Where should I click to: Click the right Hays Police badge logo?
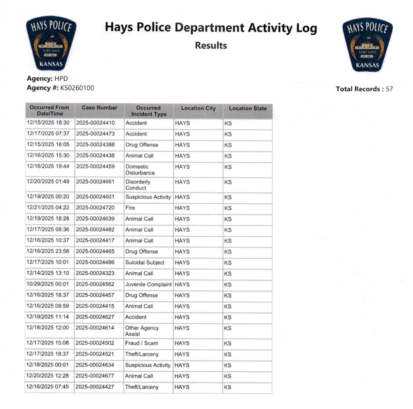click(x=367, y=45)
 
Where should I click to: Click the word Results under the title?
click(x=211, y=45)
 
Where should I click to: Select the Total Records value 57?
click(x=389, y=89)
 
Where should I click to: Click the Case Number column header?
click(x=99, y=108)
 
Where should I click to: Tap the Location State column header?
click(x=247, y=108)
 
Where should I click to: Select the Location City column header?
click(x=198, y=108)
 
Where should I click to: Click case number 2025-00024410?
click(x=95, y=123)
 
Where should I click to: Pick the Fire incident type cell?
click(x=130, y=208)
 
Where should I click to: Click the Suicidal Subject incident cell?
click(x=145, y=263)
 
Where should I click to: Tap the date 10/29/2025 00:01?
click(x=48, y=284)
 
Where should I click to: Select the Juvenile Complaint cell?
click(x=148, y=284)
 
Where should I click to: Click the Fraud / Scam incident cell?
click(x=141, y=343)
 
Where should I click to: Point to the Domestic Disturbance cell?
click(x=140, y=170)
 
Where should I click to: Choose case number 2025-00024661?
click(x=95, y=182)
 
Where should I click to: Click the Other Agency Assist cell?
click(x=142, y=331)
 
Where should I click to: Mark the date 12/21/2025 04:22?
click(x=48, y=208)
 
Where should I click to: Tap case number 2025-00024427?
click(x=95, y=387)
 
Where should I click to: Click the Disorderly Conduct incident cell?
click(x=138, y=185)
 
